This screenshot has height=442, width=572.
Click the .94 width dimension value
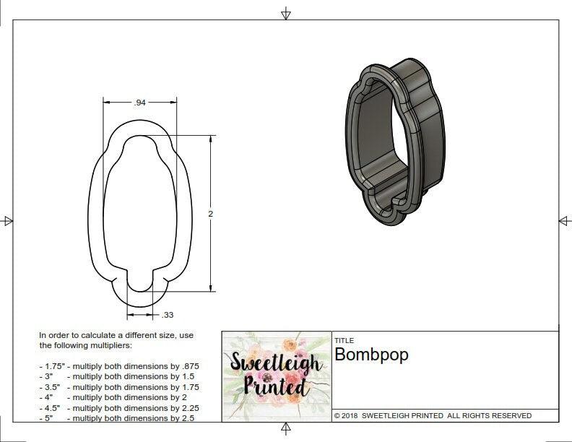140,103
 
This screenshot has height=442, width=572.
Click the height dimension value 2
211,214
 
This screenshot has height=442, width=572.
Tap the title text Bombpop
371,355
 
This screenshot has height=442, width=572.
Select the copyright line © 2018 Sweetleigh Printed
433,415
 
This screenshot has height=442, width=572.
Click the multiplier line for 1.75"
119,366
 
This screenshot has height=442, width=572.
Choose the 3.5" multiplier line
119,387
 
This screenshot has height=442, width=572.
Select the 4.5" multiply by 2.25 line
119,407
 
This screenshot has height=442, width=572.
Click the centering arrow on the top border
286,13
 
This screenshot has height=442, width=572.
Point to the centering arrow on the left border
8,221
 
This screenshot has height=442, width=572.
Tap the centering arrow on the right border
564,221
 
